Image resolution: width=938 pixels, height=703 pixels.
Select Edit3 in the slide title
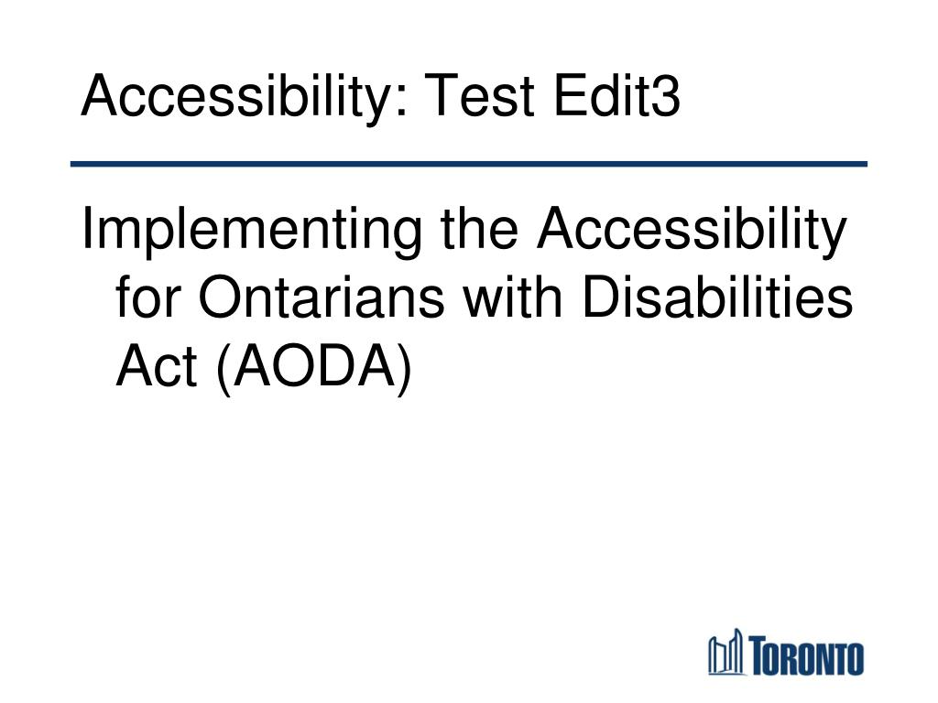click(x=616, y=94)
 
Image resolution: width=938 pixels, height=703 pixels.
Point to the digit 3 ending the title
click(x=665, y=95)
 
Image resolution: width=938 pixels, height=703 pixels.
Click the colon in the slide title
click(x=401, y=99)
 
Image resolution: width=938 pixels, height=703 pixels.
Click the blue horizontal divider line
click(x=469, y=164)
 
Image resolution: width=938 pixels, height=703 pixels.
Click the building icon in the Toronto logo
click(x=725, y=652)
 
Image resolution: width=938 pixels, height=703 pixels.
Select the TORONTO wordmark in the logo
click(x=806, y=655)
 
